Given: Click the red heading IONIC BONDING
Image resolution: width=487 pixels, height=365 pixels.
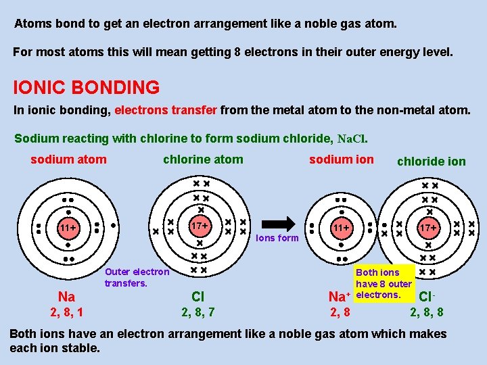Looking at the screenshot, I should pyautogui.click(x=87, y=88).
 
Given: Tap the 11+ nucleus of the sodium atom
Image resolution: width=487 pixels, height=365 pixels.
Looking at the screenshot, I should pyautogui.click(x=67, y=228).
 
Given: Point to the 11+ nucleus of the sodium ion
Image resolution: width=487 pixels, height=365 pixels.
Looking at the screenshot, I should pyautogui.click(x=341, y=228).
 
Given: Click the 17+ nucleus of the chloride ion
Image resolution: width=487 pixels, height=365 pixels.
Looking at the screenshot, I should pyautogui.click(x=427, y=228).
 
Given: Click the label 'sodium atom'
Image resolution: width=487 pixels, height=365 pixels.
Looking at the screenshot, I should pyautogui.click(x=68, y=160).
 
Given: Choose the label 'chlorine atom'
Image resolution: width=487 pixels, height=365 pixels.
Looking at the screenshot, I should pyautogui.click(x=203, y=160).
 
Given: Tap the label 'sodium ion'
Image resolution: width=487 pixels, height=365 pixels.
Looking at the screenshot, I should pyautogui.click(x=341, y=160).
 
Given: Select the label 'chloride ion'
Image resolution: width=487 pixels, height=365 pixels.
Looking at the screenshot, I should pyautogui.click(x=431, y=161).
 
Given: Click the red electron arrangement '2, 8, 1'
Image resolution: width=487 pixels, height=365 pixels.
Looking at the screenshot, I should pyautogui.click(x=67, y=312).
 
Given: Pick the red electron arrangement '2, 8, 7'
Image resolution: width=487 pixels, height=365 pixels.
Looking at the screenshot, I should pyautogui.click(x=198, y=312).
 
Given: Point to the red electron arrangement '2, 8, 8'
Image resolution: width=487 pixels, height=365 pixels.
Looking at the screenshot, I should pyautogui.click(x=427, y=312).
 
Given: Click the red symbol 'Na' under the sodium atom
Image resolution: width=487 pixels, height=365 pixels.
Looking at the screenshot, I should pyautogui.click(x=66, y=297).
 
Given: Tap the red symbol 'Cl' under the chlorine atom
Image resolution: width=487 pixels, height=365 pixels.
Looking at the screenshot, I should pyautogui.click(x=198, y=297).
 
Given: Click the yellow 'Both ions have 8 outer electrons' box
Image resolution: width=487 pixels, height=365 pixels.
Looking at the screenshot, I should pyautogui.click(x=384, y=284).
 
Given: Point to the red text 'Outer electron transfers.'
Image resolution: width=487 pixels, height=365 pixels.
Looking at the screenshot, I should pyautogui.click(x=137, y=277).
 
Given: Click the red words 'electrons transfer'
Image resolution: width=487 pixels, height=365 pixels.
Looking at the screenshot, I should pyautogui.click(x=166, y=109).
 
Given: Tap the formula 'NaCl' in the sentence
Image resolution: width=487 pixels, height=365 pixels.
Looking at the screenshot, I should pyautogui.click(x=351, y=139).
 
